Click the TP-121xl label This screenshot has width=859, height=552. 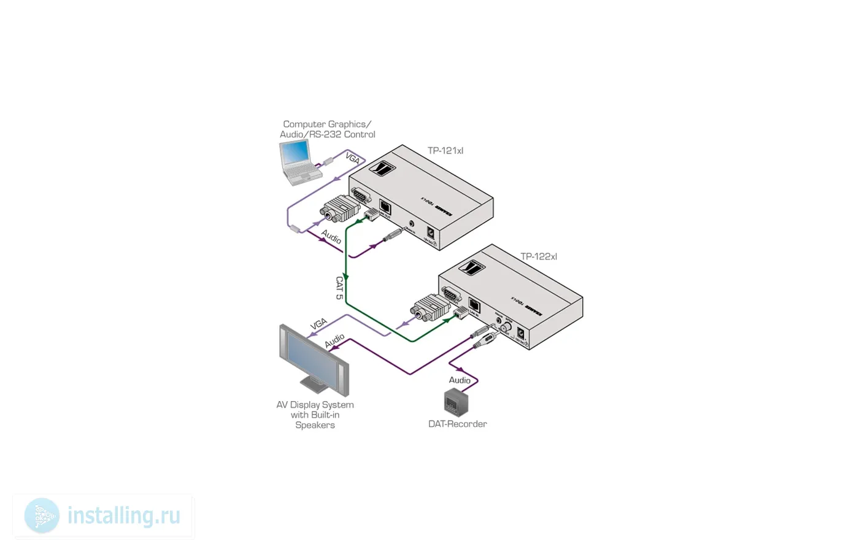point(445,151)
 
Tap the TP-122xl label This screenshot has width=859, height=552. point(538,257)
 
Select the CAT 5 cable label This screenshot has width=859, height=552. point(339,288)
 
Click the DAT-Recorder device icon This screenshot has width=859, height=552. point(456,402)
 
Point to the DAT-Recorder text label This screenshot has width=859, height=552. point(457,424)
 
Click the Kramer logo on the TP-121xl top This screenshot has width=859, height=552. point(385,167)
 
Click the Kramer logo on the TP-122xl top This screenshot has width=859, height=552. point(474,268)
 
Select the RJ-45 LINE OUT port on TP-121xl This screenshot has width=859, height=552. point(385,207)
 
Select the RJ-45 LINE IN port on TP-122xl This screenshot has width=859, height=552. point(474,305)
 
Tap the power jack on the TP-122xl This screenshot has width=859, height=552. point(521,333)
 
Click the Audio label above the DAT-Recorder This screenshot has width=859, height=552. point(460,380)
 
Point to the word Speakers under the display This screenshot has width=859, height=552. point(315,425)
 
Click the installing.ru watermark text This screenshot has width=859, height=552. point(123,516)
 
